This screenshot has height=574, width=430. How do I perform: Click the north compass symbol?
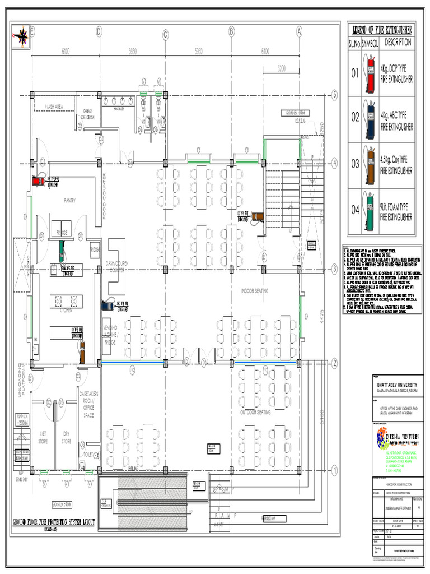22,36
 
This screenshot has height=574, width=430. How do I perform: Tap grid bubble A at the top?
299,33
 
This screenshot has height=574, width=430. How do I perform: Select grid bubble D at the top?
99,33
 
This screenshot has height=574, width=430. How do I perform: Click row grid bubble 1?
334,470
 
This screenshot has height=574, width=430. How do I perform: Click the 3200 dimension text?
281,69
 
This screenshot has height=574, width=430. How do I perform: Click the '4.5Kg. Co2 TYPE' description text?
397,159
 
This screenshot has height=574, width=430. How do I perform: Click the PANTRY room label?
69,200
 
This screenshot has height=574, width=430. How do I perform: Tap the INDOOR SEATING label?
255,291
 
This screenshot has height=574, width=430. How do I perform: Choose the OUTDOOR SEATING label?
255,412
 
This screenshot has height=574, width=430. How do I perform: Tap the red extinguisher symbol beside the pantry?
39,180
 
